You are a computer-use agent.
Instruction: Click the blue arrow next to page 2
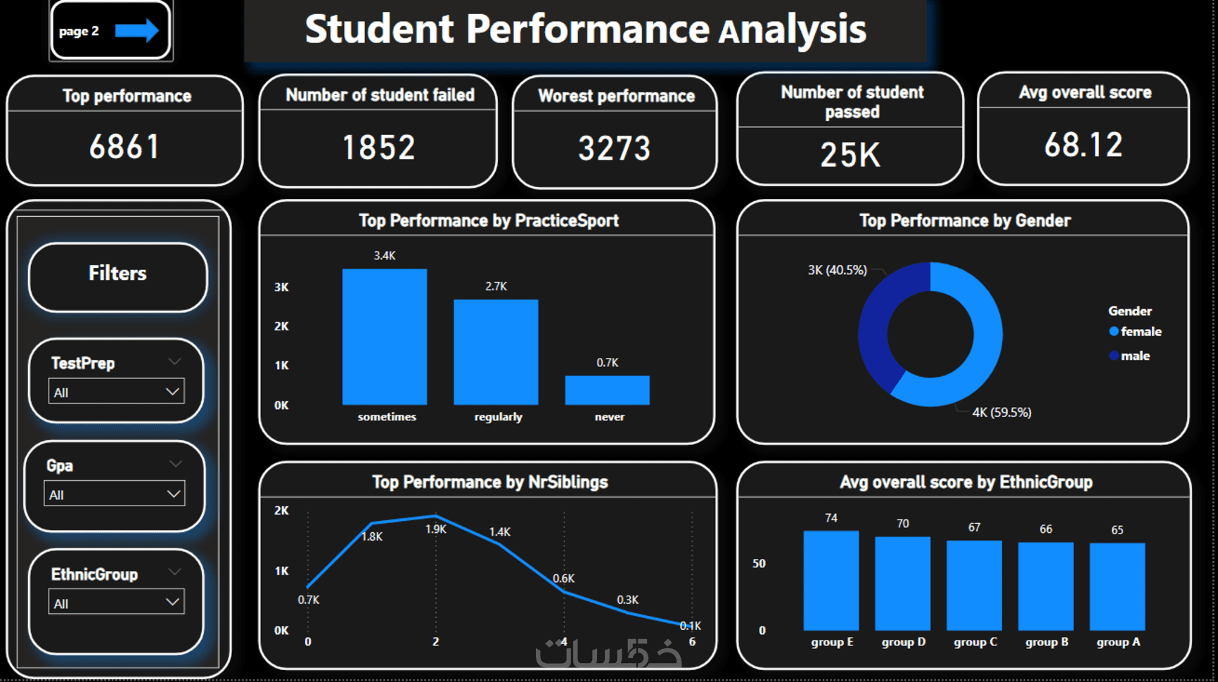[137, 30]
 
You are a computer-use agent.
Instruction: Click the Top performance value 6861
[124, 147]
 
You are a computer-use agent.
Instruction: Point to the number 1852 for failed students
[378, 148]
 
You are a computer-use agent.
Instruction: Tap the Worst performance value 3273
[615, 148]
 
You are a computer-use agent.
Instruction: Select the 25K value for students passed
[850, 155]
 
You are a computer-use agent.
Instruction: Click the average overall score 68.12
[1083, 146]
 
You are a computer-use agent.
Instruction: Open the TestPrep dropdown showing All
[117, 392]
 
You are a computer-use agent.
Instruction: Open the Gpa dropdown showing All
[115, 494]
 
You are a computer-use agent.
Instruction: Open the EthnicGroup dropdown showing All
[117, 603]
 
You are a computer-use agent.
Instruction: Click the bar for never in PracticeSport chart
[607, 390]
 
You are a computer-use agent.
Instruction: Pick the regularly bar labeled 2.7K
[496, 352]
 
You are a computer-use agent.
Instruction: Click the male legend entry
[1134, 356]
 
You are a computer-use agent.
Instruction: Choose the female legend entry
[1140, 332]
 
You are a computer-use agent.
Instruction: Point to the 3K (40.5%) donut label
[837, 270]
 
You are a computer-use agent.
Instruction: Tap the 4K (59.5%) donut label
[1001, 413]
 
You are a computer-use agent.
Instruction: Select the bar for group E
[831, 580]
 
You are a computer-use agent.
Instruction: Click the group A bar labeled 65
[1117, 586]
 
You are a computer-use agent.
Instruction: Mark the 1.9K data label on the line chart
[436, 529]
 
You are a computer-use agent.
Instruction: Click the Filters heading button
[117, 274]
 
